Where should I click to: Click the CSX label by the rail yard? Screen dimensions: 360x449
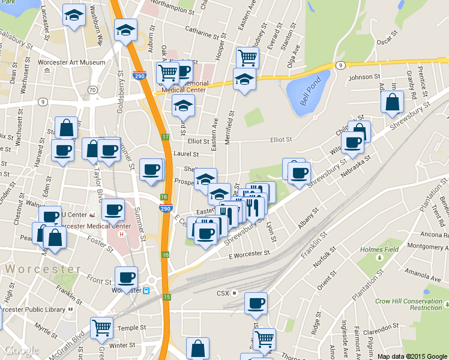coord(223,293)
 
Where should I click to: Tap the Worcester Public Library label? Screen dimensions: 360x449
coord(33,310)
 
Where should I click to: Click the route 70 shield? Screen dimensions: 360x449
coord(92,89)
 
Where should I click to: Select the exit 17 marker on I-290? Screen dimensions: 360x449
coord(165,137)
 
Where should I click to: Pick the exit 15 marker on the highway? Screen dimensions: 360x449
coord(166,297)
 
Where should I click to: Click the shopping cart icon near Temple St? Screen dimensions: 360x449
coord(102,328)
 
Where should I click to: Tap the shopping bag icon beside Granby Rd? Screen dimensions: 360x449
coord(392,103)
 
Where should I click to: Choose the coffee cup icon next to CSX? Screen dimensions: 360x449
coord(256,303)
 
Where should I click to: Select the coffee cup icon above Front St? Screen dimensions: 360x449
coord(126,277)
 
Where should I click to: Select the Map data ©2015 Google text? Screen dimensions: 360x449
coord(412,356)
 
